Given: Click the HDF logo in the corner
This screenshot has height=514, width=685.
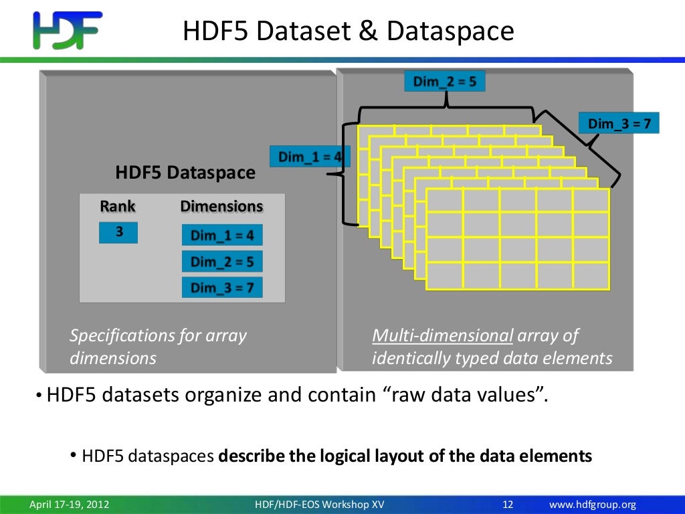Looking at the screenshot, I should coord(67,31).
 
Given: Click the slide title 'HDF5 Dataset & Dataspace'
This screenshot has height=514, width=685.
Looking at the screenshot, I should coord(349,31).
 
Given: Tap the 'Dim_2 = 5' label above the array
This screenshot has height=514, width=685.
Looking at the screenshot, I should coord(444,82).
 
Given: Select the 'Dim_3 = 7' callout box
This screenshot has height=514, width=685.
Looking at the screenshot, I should coord(619,124).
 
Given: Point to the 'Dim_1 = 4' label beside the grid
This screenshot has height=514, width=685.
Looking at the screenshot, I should coord(309,157).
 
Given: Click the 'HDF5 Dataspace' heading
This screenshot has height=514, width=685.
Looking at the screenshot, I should coord(185,173).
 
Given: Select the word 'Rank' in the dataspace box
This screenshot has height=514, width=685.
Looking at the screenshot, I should coord(118,206).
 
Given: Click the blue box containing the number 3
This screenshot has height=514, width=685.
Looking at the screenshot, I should coord(118,232).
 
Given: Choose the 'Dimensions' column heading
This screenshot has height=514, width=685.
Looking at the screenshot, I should coord(221,206).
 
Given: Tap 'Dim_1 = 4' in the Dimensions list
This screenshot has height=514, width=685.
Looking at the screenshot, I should coord(222,235).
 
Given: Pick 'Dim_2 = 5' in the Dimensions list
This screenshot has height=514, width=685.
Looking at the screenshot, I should coord(222,261).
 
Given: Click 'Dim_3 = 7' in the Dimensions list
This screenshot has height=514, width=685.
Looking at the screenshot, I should coord(222,287).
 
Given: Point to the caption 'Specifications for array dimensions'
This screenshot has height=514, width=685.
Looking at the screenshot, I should coord(158,347).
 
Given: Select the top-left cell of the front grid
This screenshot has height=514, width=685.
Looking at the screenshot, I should coord(444,201).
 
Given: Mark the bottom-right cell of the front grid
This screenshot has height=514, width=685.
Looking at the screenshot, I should coord(591,276).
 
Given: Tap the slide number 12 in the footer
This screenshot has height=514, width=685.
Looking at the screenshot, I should coord(506,505).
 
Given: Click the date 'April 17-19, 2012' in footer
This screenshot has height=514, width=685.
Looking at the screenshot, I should coord(69,505).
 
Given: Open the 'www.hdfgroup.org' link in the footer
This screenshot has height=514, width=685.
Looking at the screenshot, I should coord(592,505).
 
